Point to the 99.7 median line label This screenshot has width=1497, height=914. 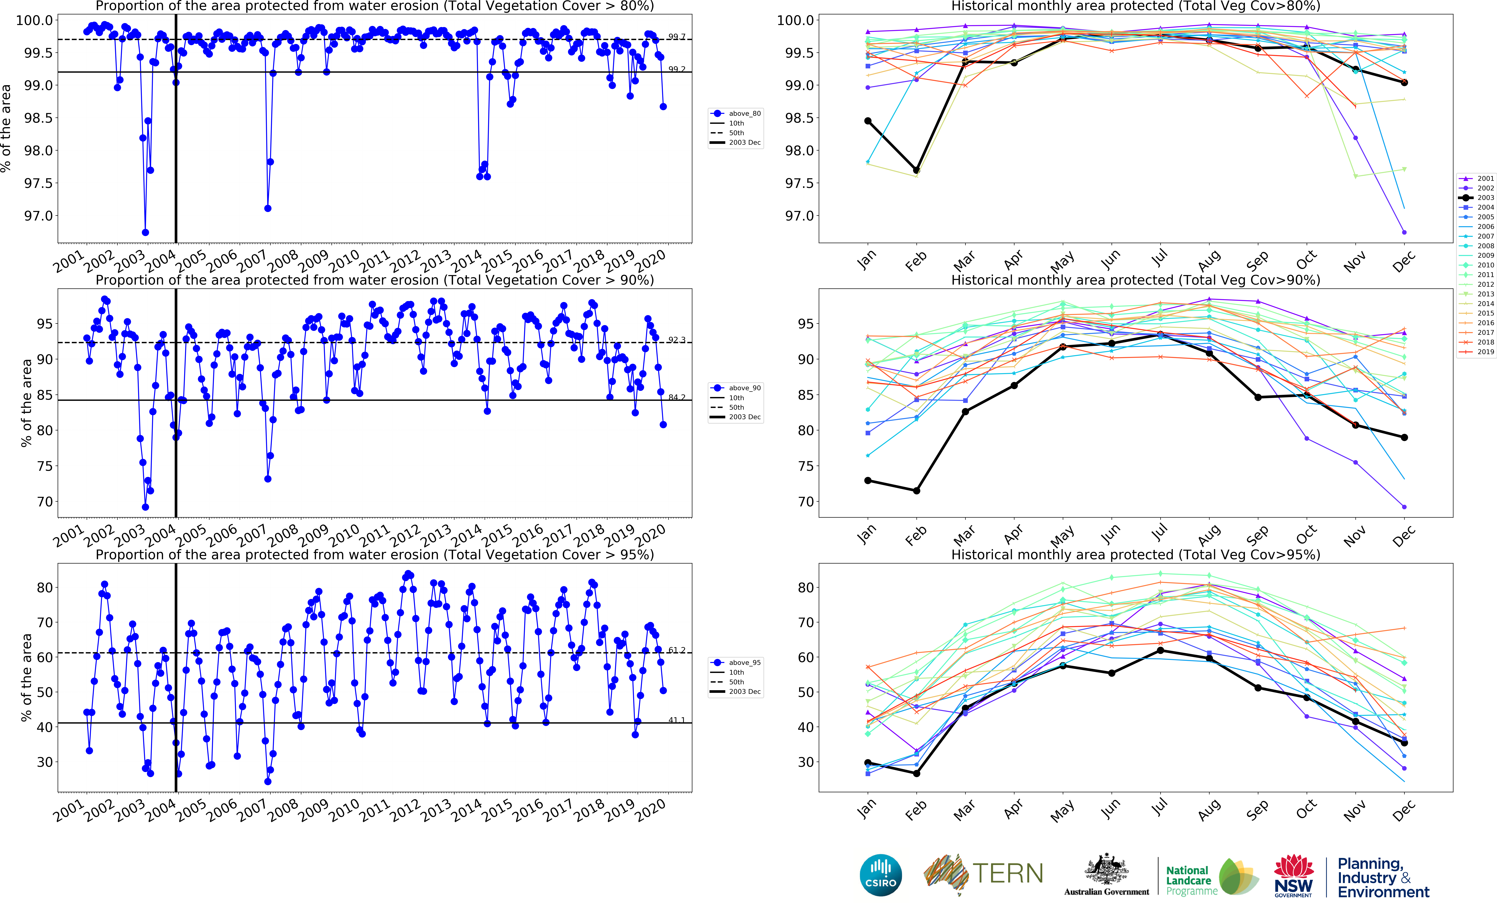[677, 37]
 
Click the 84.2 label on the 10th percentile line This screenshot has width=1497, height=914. [677, 398]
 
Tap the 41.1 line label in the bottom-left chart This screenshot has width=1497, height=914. [677, 720]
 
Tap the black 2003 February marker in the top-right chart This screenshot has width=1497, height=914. [916, 171]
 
